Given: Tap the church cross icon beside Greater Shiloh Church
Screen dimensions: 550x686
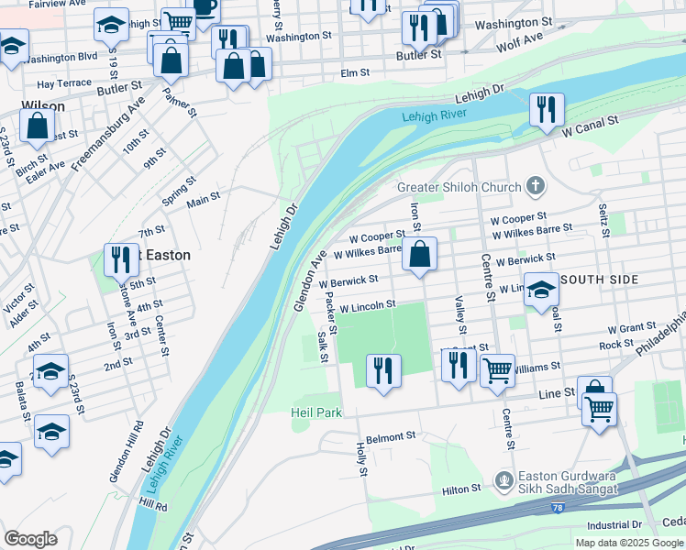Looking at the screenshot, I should click(536, 187).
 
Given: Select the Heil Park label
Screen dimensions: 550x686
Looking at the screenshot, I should click(317, 413).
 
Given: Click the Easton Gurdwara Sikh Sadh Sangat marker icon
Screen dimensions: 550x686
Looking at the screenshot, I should click(503, 480).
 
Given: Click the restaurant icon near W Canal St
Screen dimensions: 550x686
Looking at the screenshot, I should click(547, 110).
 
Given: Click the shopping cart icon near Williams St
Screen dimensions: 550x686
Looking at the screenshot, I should click(497, 371).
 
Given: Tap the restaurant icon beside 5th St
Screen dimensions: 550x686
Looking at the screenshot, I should click(121, 259).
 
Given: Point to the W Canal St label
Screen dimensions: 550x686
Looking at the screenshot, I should click(591, 126).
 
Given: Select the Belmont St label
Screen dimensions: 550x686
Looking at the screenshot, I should click(391, 437).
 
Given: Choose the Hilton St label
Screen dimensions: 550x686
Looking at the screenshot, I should click(462, 490).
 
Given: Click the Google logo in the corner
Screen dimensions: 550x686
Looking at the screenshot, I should click(30, 538).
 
